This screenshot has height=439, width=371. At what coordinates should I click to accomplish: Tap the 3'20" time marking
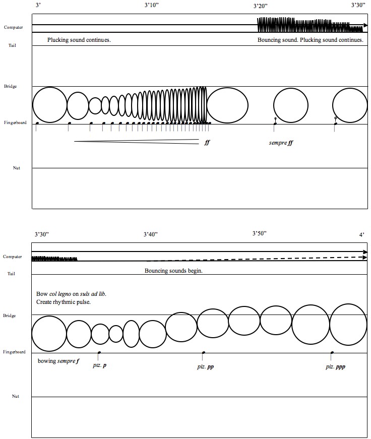(261, 6)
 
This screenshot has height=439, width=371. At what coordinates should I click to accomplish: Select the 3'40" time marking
(151, 234)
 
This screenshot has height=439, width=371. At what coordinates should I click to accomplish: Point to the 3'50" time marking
(259, 233)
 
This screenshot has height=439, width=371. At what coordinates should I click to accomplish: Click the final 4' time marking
(361, 235)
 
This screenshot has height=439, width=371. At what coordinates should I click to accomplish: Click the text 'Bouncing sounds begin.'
(173, 271)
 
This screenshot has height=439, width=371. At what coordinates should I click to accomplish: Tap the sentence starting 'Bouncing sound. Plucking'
(310, 40)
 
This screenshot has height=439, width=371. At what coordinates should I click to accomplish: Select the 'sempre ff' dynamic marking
(281, 143)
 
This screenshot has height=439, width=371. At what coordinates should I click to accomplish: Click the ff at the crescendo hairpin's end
(207, 143)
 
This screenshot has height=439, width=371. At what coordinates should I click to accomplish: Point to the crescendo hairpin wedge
(136, 142)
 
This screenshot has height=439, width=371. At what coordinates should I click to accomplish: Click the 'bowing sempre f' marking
(58, 361)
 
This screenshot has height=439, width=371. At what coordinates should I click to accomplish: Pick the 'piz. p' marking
(99, 365)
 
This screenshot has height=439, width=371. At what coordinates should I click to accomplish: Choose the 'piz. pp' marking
(205, 366)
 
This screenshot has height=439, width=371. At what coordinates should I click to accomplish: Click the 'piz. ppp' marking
(335, 366)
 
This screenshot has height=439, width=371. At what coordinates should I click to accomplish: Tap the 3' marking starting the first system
(38, 5)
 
